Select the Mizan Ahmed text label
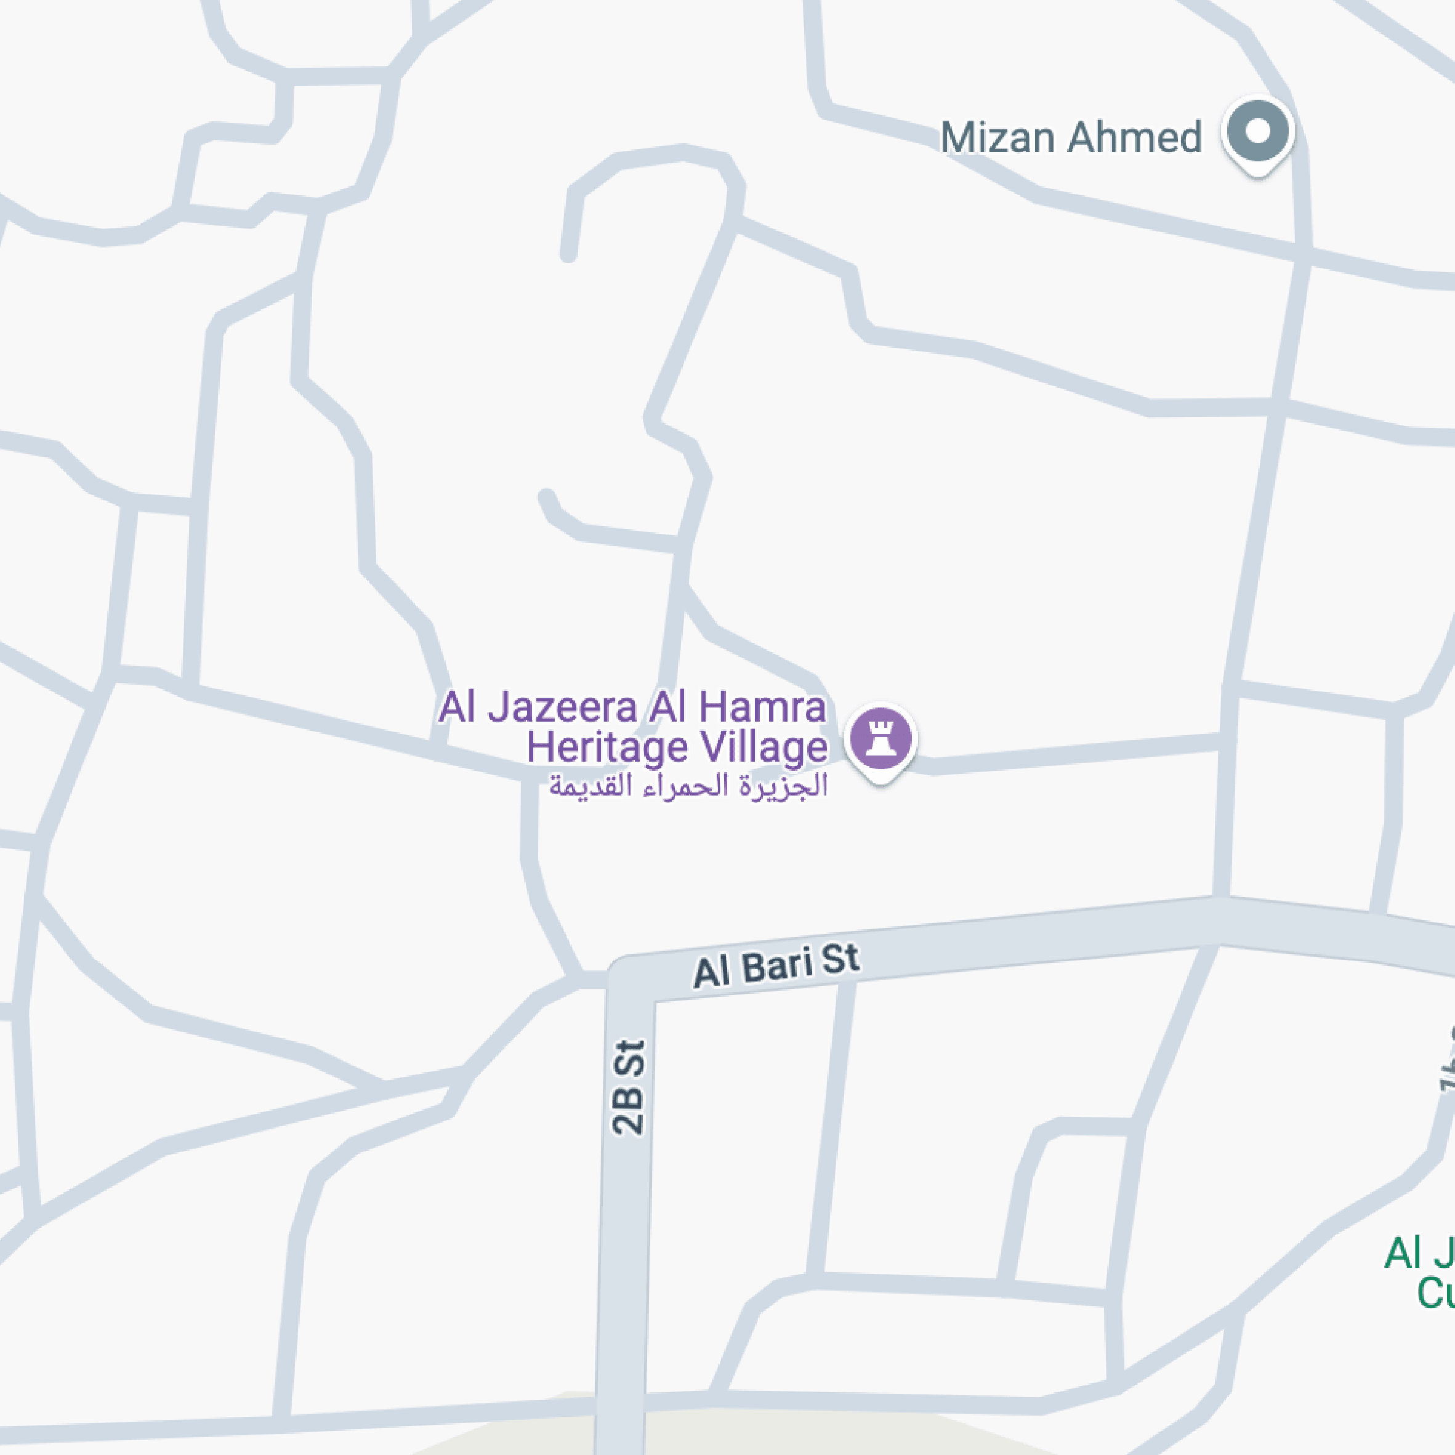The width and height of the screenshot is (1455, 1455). tap(1070, 138)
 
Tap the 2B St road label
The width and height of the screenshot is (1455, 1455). tap(628, 1087)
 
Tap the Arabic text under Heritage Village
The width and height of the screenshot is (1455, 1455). tap(688, 786)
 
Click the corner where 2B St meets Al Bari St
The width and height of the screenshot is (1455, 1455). tap(628, 979)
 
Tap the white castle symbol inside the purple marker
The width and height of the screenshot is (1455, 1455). tap(881, 736)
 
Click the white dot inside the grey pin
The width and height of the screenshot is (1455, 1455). tap(1257, 131)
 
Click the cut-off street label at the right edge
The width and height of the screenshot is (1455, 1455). tap(1446, 1070)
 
